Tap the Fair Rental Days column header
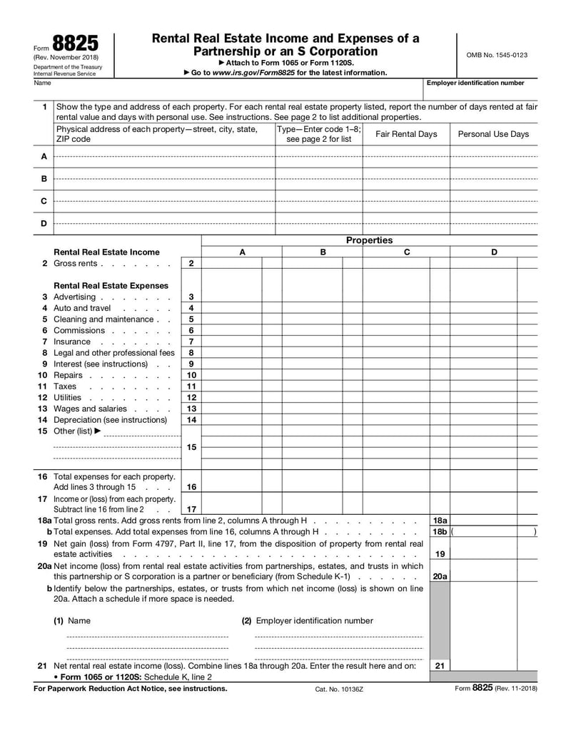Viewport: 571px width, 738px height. coord(406,134)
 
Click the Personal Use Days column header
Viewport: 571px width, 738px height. coord(493,134)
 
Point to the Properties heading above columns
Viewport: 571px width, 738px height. coord(369,240)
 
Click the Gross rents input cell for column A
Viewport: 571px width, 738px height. coord(231,264)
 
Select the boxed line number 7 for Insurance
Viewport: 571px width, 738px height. coord(191,342)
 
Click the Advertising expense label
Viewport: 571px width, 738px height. coord(74,297)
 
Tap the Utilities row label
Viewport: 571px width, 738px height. coord(68,397)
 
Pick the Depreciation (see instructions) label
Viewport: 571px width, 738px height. coord(110,420)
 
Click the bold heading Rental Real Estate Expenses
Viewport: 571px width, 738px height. coord(111,285)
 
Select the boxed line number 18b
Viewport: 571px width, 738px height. coord(440,532)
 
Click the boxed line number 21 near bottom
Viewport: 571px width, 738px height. coord(440,665)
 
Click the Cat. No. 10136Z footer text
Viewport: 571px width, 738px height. coord(339,690)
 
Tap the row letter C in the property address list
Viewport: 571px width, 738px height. coord(44,201)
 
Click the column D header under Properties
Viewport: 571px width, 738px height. coord(494,252)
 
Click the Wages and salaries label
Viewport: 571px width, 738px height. coord(90,409)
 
